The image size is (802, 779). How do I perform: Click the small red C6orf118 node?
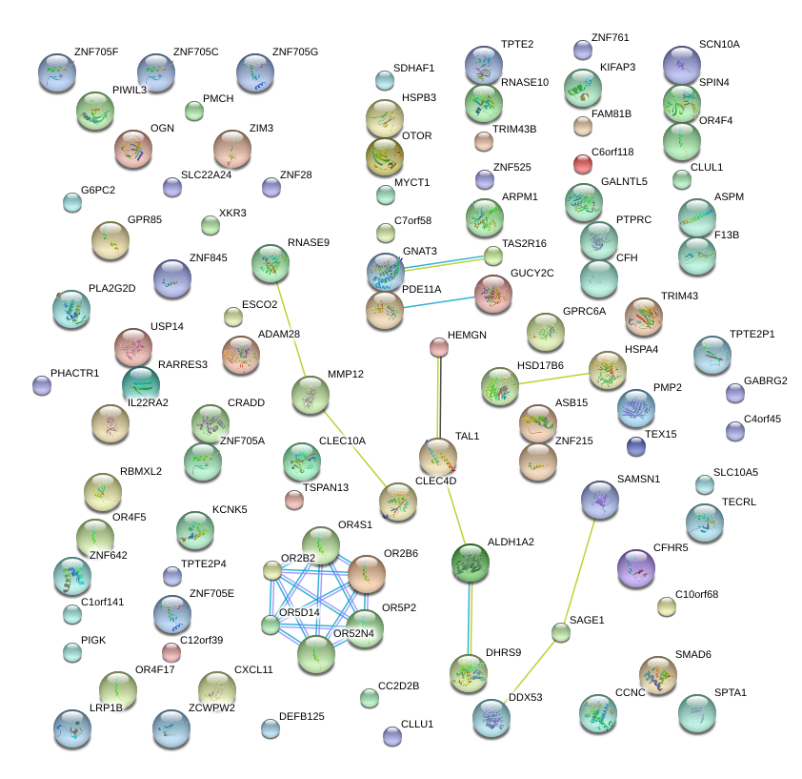coord(583,164)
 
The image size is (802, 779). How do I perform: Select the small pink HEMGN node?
coord(438,347)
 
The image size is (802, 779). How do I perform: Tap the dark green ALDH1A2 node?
coord(470,564)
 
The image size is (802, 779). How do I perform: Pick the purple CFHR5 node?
coord(636,568)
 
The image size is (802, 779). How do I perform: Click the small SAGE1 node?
coord(561,631)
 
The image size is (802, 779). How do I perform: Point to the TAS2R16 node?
coord(492,256)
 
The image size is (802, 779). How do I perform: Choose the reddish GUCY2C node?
coord(493,295)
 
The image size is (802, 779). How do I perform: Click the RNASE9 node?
coord(271,263)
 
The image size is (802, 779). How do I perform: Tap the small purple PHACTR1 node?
coord(42,385)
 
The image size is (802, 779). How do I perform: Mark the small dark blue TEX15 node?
coord(636,446)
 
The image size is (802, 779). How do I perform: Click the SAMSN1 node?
coord(600,501)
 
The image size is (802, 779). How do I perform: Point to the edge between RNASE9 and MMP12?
coord(290,329)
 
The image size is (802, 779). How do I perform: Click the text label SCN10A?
coord(719,45)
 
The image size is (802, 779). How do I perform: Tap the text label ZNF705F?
coord(96,51)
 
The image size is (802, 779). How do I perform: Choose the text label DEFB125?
coord(302,716)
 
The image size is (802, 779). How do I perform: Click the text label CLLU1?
coord(417,724)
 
